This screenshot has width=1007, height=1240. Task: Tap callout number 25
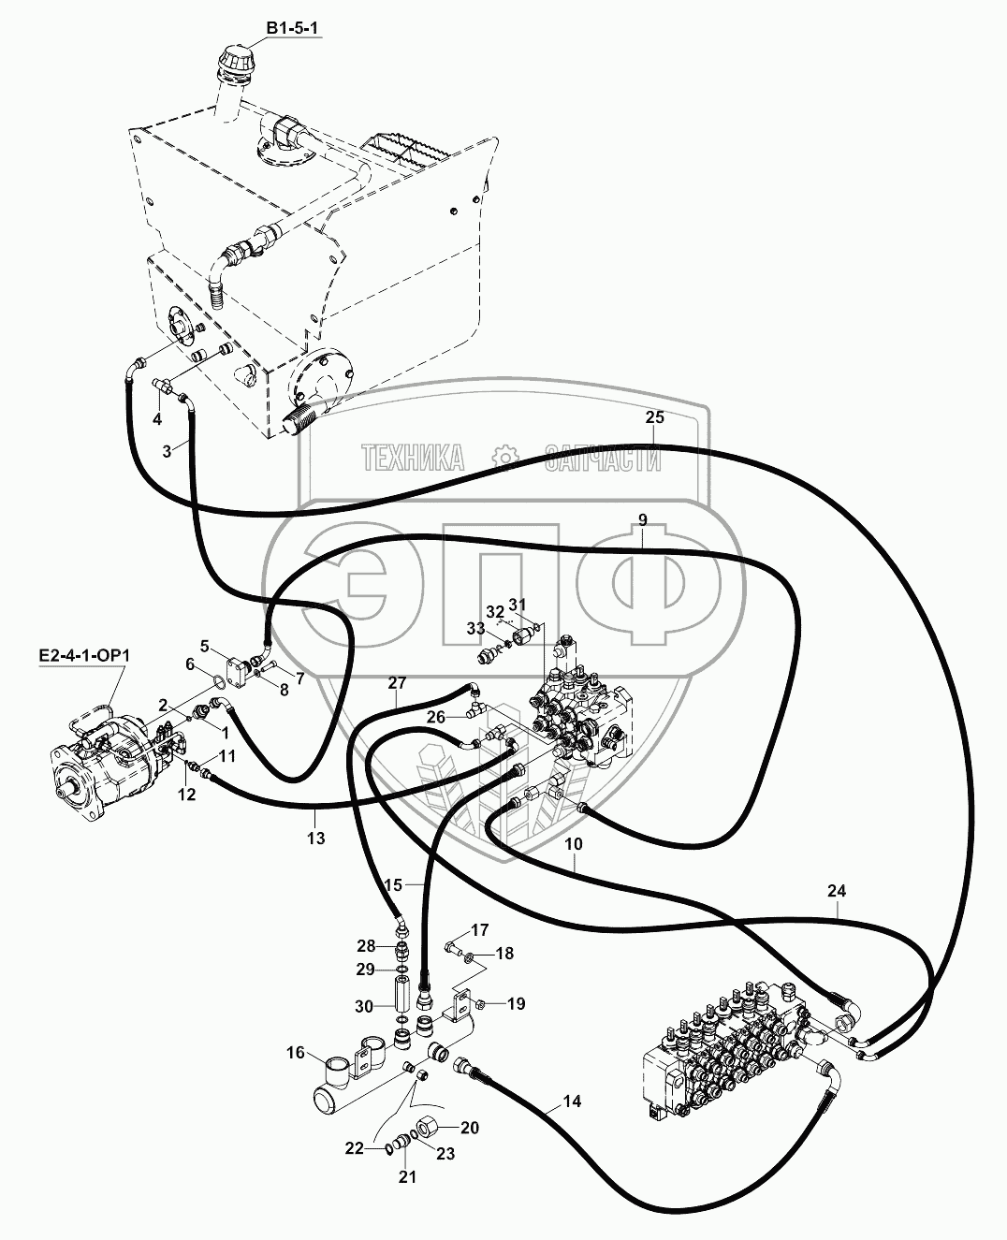pyautogui.click(x=654, y=416)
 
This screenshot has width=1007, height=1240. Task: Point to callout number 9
pyautogui.click(x=642, y=520)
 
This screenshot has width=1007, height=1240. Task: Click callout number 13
pyautogui.click(x=316, y=839)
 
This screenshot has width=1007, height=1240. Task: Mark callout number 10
pyautogui.click(x=574, y=843)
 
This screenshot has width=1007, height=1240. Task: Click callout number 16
pyautogui.click(x=296, y=1054)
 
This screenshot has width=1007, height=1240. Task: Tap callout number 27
pyautogui.click(x=398, y=683)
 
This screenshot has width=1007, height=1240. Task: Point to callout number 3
pyautogui.click(x=167, y=451)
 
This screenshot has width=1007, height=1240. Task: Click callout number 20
pyautogui.click(x=469, y=1129)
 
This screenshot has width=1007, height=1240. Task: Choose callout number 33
pyautogui.click(x=475, y=630)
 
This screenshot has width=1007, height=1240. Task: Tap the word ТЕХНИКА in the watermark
pyautogui.click(x=413, y=459)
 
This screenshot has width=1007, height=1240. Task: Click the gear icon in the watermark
pyautogui.click(x=504, y=458)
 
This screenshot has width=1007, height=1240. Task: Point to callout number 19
pyautogui.click(x=517, y=1005)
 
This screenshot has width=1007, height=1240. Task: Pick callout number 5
pyautogui.click(x=205, y=645)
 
